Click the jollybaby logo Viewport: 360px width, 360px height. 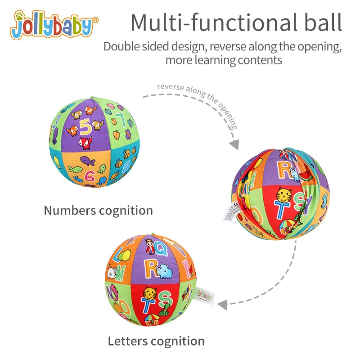(x=54, y=26)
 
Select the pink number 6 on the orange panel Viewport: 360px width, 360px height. (x=90, y=176)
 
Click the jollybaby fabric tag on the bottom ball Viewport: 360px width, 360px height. (x=204, y=296)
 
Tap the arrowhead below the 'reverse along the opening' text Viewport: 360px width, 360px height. (x=234, y=145)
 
